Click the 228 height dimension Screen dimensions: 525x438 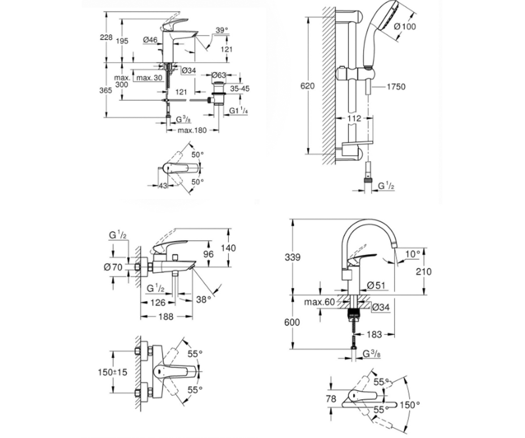pyautogui.click(x=106, y=38)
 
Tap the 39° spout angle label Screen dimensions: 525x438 pyautogui.click(x=222, y=30)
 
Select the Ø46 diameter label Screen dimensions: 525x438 pyautogui.click(x=150, y=40)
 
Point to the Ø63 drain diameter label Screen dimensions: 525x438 pyautogui.click(x=219, y=75)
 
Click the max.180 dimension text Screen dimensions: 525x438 pyautogui.click(x=192, y=131)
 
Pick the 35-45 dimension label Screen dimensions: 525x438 pyautogui.click(x=240, y=88)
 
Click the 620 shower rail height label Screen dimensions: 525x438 pyautogui.click(x=308, y=86)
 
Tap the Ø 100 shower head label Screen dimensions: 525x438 pyautogui.click(x=405, y=26)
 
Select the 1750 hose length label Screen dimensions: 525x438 pyautogui.click(x=396, y=87)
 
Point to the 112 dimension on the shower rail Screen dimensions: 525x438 pyautogui.click(x=354, y=118)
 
